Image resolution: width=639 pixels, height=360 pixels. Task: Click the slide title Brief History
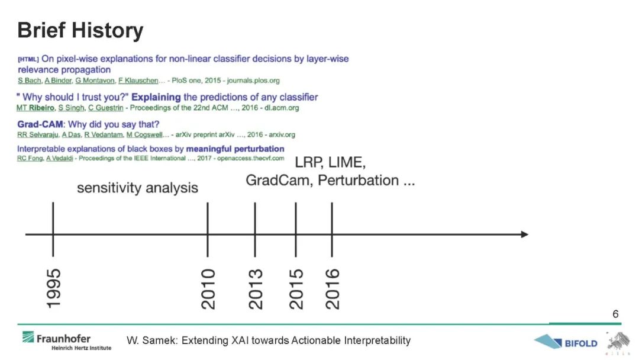(80, 31)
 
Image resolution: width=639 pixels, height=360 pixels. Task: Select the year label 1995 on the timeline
(53, 288)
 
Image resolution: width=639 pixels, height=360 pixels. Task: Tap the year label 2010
(208, 289)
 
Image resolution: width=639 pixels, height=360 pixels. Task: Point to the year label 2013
(256, 289)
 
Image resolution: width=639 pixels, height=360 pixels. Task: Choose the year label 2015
(296, 289)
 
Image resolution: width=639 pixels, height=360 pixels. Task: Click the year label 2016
(332, 289)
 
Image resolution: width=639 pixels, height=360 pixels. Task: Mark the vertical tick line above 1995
(53, 229)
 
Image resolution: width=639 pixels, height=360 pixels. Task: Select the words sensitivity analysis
(137, 188)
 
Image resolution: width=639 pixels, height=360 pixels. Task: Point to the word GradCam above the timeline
(279, 180)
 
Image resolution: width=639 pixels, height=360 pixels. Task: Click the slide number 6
(615, 314)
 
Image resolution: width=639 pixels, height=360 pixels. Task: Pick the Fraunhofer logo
(66, 340)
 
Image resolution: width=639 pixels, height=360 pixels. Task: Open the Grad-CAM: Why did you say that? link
(88, 124)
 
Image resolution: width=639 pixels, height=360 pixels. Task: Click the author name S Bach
(30, 81)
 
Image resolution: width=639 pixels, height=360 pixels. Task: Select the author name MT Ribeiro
(35, 108)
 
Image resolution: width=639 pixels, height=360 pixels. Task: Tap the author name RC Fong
(30, 158)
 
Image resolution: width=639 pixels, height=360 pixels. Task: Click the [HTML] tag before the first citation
(28, 60)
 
